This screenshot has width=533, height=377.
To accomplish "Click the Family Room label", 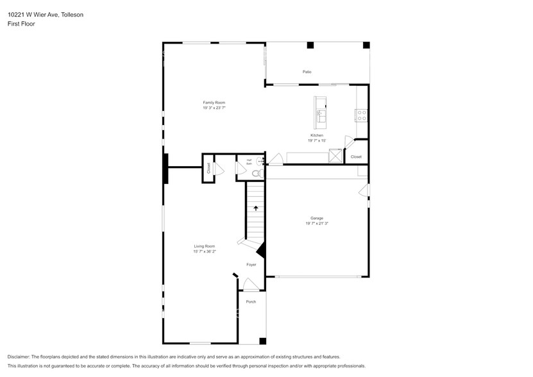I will [214, 103].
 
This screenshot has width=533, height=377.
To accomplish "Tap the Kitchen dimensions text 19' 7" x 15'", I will [317, 140].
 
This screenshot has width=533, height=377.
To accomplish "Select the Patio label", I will [307, 72].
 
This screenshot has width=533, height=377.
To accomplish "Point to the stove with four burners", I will [362, 116].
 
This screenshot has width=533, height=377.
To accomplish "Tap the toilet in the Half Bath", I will [255, 172].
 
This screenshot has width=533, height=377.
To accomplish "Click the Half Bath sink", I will [260, 161].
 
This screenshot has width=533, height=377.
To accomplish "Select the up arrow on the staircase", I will [256, 208].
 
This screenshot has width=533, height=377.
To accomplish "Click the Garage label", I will [317, 218].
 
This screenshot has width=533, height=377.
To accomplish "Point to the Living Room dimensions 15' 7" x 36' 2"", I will [205, 251].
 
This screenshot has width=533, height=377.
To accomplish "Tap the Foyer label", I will [251, 264].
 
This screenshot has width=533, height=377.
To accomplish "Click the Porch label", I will [251, 301].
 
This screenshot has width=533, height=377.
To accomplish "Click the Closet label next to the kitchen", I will [356, 156].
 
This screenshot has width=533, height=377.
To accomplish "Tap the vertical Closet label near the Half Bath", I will [208, 168].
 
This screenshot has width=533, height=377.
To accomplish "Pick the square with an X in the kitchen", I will [335, 156].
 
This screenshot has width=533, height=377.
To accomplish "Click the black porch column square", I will [262, 340].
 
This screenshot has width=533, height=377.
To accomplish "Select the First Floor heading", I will [21, 24].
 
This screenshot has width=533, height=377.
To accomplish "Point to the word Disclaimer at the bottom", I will [19, 356].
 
